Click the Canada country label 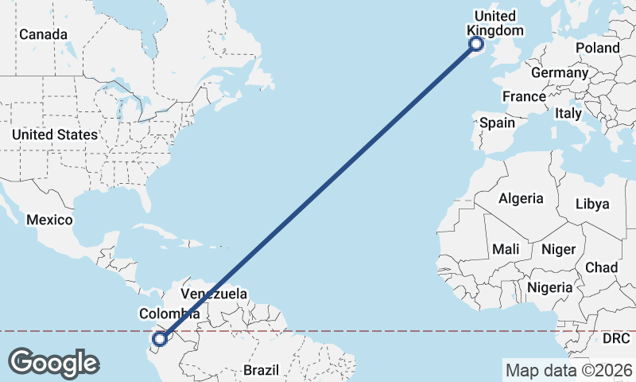pos(43,34)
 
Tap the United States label pos(55,134)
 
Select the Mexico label pos(49,220)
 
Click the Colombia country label pos(169,314)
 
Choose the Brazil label pos(262,370)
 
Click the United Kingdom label pos(495,23)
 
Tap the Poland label pos(598,48)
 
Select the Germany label pos(559,72)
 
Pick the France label pos(524,96)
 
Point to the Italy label pos(568,114)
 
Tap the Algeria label pos(521,198)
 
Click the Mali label pos(506,249)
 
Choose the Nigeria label pos(549,287)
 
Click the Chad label pos(601,267)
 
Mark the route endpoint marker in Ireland pos(476,44)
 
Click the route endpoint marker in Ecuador pos(160,339)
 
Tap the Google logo pos(53,363)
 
